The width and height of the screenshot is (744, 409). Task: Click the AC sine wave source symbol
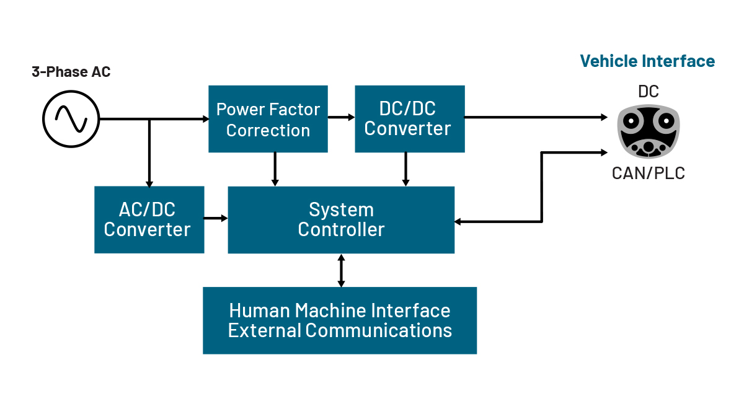click(x=71, y=119)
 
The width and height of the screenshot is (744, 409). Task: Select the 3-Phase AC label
click(x=71, y=72)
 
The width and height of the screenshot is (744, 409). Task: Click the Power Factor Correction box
click(x=268, y=119)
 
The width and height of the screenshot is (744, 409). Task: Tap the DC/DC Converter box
click(x=409, y=119)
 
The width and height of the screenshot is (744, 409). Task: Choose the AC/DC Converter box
click(x=149, y=219)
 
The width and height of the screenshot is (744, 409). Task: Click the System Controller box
click(x=341, y=219)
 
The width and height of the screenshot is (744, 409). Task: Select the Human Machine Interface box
click(x=340, y=320)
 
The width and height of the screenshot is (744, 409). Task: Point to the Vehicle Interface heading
click(x=647, y=61)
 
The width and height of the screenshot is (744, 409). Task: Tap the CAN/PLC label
click(x=649, y=173)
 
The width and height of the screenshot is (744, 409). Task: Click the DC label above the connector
click(x=649, y=92)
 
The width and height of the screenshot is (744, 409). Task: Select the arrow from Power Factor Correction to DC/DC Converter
click(x=341, y=117)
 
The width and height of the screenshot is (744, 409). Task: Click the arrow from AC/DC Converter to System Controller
click(x=216, y=218)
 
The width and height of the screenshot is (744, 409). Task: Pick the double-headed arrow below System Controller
click(x=340, y=270)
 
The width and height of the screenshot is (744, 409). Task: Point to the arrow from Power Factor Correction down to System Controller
click(x=275, y=169)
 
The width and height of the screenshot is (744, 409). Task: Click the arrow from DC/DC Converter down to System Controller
click(x=405, y=169)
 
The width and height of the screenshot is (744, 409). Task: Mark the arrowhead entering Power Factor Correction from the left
click(x=205, y=119)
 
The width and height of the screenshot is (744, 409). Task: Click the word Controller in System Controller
click(x=341, y=229)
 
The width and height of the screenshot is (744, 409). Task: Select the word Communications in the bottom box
click(x=378, y=330)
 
